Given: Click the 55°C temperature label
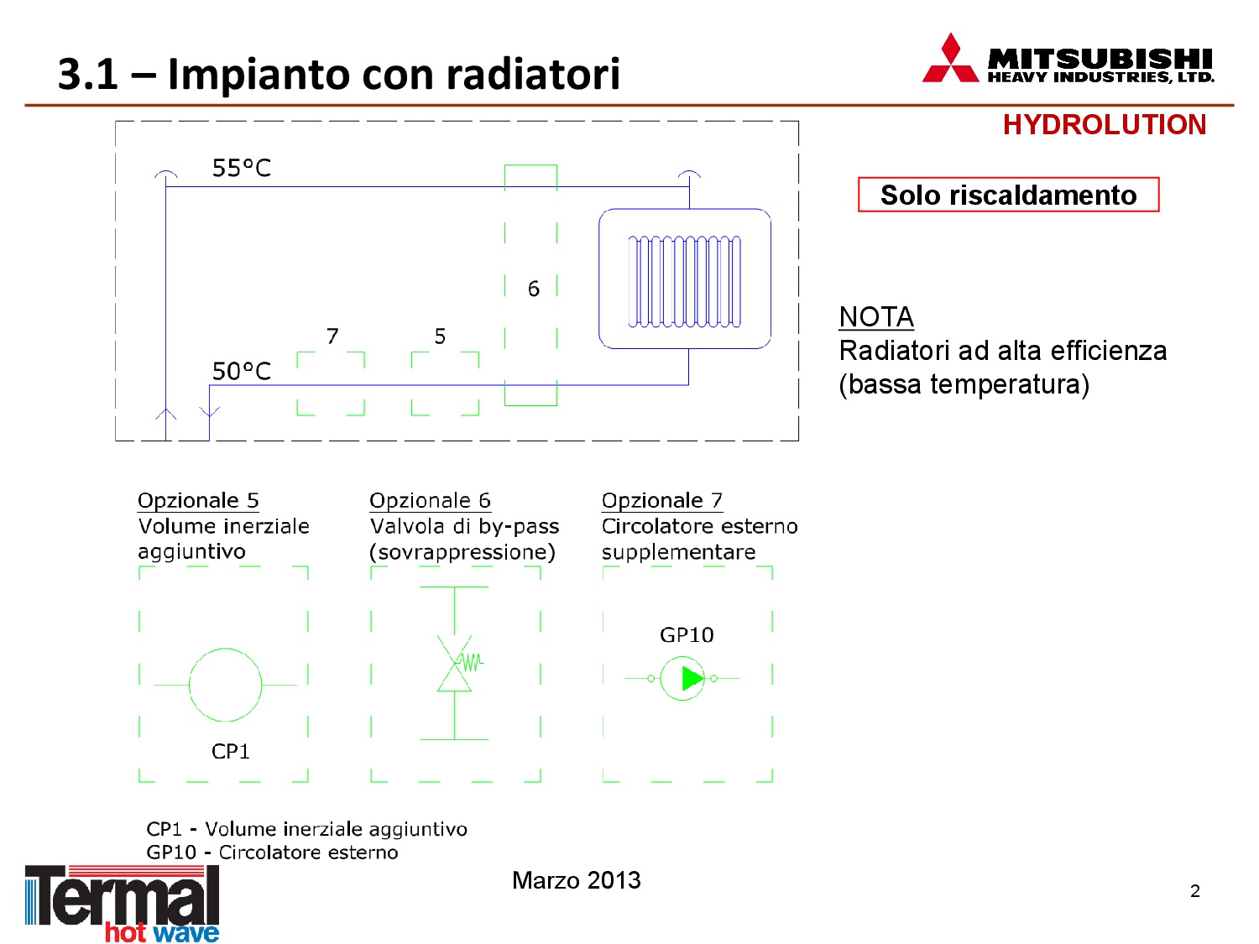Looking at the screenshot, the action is point(241,168).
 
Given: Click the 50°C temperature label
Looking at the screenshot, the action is point(241,371).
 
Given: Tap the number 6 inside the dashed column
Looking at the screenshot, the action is point(534,289).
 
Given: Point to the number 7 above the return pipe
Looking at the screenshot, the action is point(332,336).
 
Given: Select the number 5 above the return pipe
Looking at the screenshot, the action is point(440,336).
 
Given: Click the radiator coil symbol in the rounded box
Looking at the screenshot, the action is point(684,281).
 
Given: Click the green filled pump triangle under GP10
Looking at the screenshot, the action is point(692,678).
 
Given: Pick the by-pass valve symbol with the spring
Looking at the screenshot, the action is point(457,663).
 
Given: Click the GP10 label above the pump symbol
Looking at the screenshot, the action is point(687,634).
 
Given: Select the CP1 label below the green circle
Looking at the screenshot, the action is point(231,751).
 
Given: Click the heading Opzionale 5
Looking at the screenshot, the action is point(198,500).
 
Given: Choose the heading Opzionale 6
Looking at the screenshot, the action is point(430,500).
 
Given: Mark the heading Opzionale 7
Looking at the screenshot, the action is point(662,500).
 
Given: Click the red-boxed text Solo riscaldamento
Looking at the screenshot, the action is point(1008,195).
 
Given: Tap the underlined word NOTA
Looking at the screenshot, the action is point(876,317).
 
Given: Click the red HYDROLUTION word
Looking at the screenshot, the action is point(1104,125).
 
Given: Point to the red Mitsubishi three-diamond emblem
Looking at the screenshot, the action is point(950,58).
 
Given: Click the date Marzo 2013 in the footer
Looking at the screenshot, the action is point(576,879).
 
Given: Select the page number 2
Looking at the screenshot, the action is point(1194,890).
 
